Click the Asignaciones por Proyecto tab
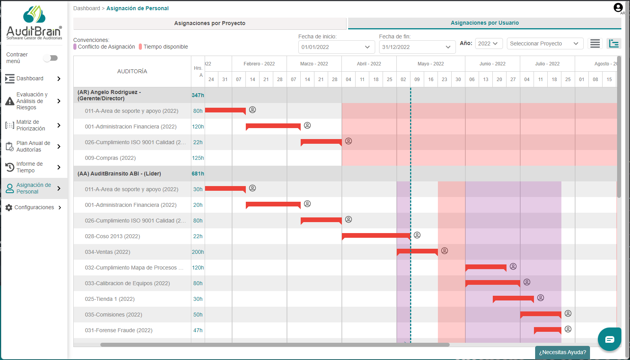pos(210,23)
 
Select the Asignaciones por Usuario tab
pos(485,23)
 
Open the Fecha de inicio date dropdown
pos(336,47)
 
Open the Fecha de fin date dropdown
pos(417,47)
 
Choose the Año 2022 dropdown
pos(488,43)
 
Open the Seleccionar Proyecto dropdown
pos(545,43)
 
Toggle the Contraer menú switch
pos(51,58)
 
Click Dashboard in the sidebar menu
pos(30,78)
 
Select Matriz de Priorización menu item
pos(31,125)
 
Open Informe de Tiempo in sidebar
pos(29,167)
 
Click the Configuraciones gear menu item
pos(34,207)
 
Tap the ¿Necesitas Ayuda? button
pos(562,352)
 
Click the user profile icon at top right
pos(618,7)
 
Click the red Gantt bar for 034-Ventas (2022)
pos(417,251)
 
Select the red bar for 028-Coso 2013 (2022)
pos(376,235)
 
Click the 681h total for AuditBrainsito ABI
pos(198,174)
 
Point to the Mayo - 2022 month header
pos(430,64)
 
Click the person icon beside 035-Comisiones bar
pos(568,313)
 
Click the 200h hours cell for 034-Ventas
pos(198,252)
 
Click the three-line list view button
pos(595,43)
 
